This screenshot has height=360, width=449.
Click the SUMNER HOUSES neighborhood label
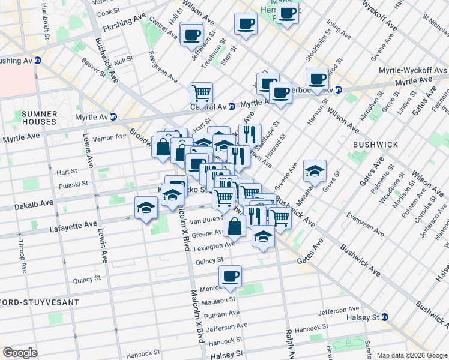coord(38,118)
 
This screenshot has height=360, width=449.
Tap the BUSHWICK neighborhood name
coord(375,145)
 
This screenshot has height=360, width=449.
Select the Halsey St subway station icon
coord(385,317)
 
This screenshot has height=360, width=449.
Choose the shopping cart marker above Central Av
coord(201,92)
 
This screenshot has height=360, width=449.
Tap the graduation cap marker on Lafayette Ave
coord(146,207)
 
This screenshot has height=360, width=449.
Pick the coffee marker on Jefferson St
coord(191,34)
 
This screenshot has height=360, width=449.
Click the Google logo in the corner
coord(20,353)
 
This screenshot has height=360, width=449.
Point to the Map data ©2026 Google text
coord(412,355)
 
